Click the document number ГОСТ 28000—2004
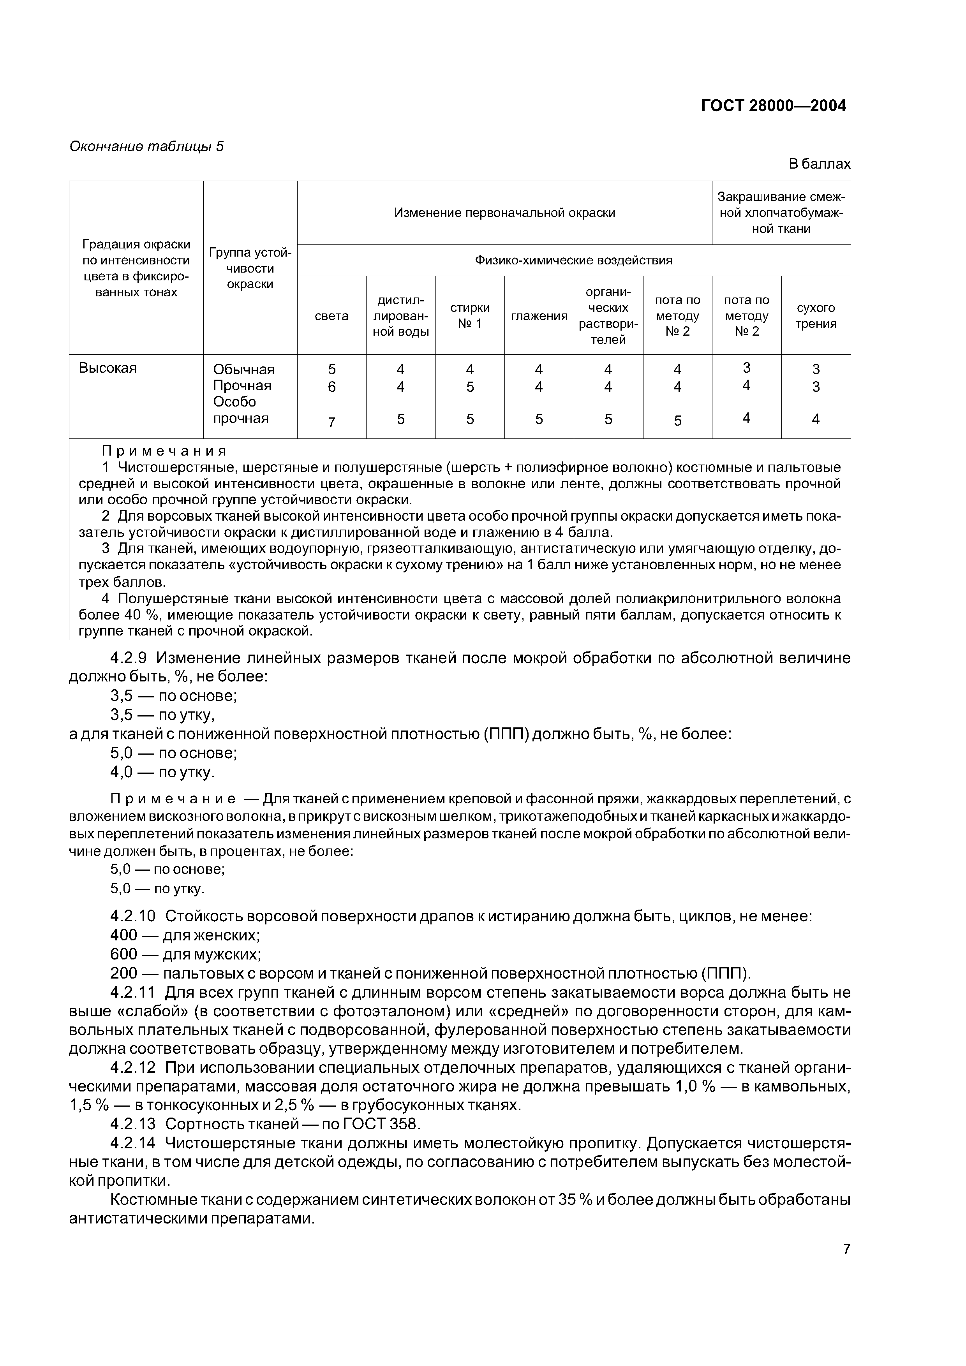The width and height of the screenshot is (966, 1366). tap(773, 106)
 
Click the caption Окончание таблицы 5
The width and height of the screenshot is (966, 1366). tap(146, 146)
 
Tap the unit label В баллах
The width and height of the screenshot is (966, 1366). tap(819, 164)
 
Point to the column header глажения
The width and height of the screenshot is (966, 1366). tap(539, 316)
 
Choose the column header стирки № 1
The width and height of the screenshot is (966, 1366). tap(470, 316)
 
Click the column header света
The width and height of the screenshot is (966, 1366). tap(331, 316)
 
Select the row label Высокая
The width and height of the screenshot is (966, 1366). tap(108, 368)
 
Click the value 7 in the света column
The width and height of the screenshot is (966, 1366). tap(331, 422)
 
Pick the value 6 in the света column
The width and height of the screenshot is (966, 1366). tap(331, 387)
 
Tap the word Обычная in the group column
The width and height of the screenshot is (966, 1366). tap(243, 370)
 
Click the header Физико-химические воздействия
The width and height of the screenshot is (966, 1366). tap(573, 260)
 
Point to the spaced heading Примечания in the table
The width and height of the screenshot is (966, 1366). tap(164, 451)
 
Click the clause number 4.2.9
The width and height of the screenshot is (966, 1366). tap(132, 658)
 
